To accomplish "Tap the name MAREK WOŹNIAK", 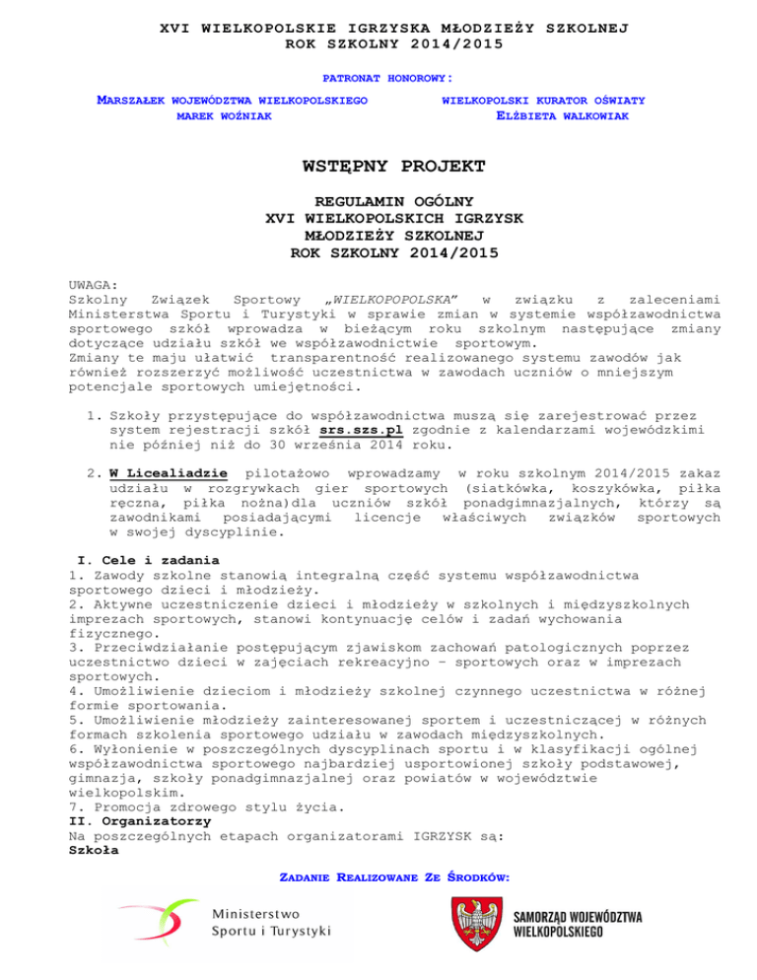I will [x=224, y=116].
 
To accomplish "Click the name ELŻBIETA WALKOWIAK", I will [x=561, y=116].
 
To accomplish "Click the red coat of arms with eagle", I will [x=476, y=932].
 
